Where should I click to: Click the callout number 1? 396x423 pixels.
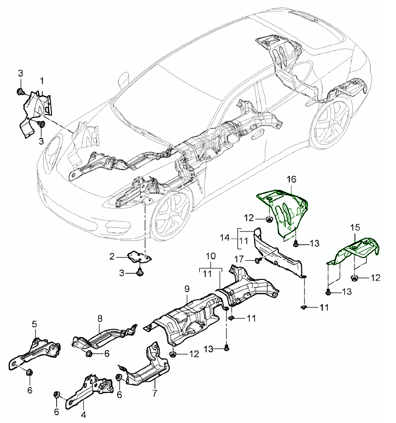[42, 81]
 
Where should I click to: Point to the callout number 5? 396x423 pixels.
[34, 324]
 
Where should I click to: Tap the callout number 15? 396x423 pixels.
[355, 227]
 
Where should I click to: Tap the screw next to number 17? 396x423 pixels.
[257, 260]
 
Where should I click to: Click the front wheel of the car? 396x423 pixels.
[170, 213]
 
